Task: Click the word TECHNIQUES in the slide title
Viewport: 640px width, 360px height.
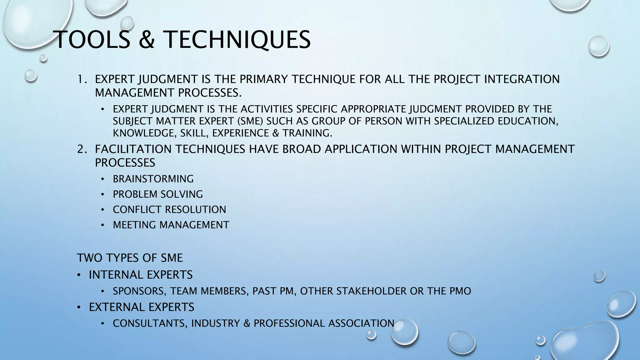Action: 237,40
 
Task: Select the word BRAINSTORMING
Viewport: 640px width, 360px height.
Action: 153,179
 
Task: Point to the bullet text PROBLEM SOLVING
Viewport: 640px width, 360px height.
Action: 158,194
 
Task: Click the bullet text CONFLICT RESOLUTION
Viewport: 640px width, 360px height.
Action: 169,210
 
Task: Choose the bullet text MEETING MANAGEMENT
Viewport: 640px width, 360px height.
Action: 171,225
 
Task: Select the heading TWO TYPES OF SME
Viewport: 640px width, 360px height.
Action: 130,258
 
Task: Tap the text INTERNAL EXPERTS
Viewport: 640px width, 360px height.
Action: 141,275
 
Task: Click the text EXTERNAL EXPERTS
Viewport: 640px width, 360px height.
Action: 142,307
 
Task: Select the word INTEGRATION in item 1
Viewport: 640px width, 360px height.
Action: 522,79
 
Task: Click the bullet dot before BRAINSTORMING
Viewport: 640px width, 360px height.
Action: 102,179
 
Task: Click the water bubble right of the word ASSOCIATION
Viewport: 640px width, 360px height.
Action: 405,332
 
